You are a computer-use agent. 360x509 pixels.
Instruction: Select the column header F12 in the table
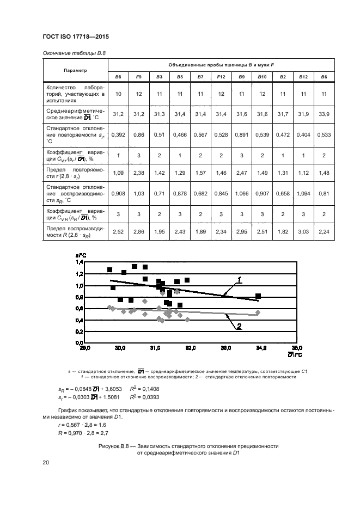coord(221,77)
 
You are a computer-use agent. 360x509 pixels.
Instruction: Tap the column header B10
coord(262,77)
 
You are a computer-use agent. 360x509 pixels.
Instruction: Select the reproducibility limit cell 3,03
coord(303,231)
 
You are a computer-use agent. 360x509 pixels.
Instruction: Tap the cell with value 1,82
coord(283,231)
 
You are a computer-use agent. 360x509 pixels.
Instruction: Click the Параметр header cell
coord(75,71)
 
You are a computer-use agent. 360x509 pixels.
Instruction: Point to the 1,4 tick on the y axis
coord(78,262)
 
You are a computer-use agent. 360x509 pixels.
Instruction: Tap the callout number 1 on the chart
coord(238,279)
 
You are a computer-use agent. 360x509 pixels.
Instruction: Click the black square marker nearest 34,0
coord(258,296)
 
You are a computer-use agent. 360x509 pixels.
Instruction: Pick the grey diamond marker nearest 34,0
coord(258,312)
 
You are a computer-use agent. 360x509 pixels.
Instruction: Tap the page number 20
coord(46,463)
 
